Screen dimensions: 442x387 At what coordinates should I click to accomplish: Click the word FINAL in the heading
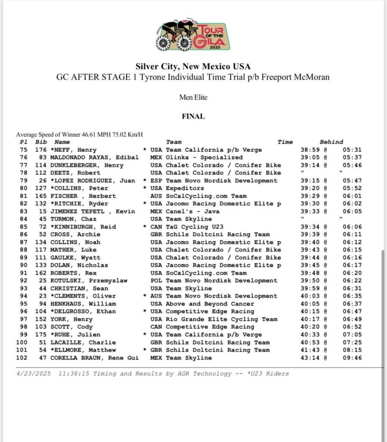[x=193, y=117]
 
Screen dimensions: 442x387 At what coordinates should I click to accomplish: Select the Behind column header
[x=331, y=142]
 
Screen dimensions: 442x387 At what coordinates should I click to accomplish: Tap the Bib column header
[x=41, y=142]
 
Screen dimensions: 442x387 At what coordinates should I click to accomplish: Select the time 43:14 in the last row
[x=309, y=358]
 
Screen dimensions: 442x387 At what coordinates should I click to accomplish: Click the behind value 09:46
[x=352, y=358]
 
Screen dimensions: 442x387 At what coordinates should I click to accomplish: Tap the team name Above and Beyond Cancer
[x=210, y=304]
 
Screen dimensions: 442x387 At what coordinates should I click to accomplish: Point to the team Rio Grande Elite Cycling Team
[x=222, y=319]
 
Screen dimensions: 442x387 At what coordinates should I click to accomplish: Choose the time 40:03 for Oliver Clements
[x=309, y=296]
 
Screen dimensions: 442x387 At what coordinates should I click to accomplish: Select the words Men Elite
[x=193, y=98]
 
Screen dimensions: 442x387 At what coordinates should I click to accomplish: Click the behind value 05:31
[x=352, y=150]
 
